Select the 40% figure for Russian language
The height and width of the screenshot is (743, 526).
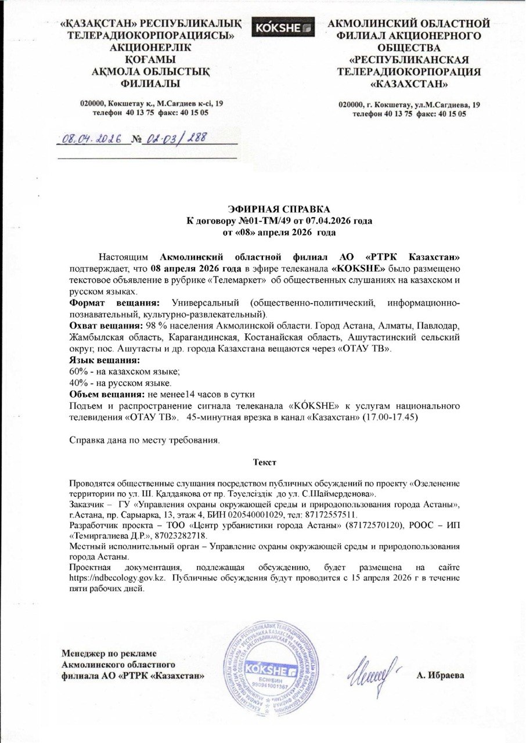coord(78,384)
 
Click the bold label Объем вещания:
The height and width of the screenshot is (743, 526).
coord(107,394)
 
